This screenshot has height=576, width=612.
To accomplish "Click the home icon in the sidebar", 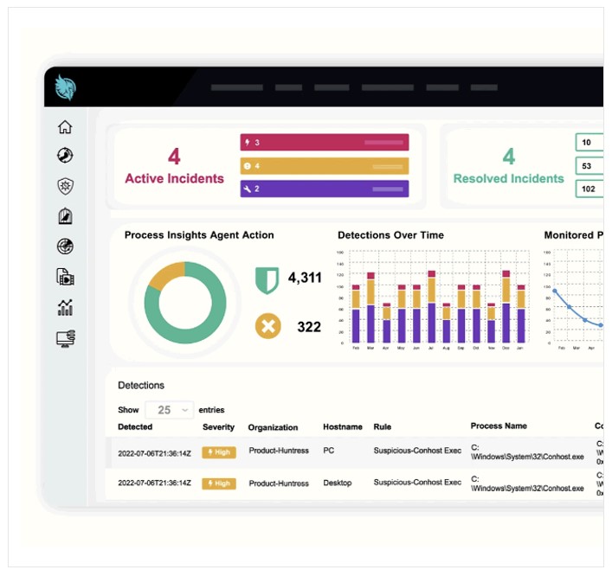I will tap(65, 127).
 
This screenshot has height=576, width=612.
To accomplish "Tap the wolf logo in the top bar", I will tap(67, 87).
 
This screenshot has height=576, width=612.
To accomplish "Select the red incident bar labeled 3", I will tap(324, 143).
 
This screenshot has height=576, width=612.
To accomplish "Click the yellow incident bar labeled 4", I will tap(324, 165).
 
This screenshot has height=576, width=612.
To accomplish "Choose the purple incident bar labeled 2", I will tap(324, 189).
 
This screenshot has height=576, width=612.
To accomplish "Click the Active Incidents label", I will tap(174, 179).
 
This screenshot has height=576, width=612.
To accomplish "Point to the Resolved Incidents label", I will tap(508, 179).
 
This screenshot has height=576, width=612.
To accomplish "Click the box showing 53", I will tap(589, 166).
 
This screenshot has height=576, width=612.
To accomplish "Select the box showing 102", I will tap(589, 189).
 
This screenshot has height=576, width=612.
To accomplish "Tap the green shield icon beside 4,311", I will tap(267, 279).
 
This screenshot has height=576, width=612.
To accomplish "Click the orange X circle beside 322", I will tap(267, 326).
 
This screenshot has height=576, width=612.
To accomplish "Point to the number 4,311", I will tap(304, 278).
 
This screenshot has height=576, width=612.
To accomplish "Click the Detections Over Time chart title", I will tap(390, 235).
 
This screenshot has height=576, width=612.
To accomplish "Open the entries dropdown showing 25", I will tap(169, 410).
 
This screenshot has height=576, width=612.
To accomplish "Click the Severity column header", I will tap(218, 427).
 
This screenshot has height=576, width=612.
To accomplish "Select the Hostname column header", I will tap(342, 427).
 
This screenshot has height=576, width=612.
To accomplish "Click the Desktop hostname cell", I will tap(338, 483).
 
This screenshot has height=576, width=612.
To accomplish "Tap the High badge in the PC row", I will tap(218, 451).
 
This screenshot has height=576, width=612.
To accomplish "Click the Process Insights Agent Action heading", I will tap(199, 235).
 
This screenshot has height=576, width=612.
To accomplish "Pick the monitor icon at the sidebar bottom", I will tap(65, 338).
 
